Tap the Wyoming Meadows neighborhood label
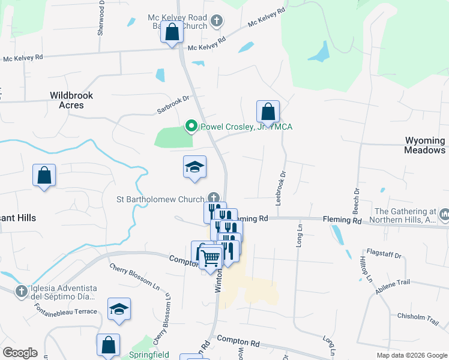pos(425,145)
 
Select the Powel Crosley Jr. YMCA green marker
pos(191,126)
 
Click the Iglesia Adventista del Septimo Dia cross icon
pos(21,291)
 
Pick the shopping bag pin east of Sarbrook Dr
pos(268,112)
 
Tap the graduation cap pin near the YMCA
pos(194,167)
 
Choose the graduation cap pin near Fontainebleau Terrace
pos(119,310)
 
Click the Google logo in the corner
pos(20,353)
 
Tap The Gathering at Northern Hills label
pos(406,215)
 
